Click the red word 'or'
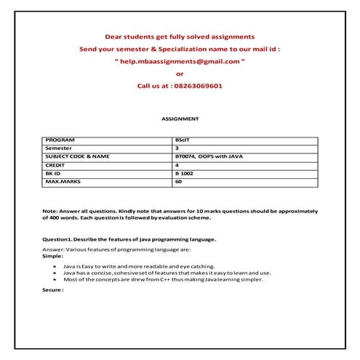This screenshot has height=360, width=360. click(x=180, y=73)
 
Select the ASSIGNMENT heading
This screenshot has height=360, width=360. click(x=180, y=117)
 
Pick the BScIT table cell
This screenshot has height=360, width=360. click(x=183, y=139)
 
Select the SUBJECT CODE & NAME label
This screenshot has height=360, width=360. click(x=77, y=156)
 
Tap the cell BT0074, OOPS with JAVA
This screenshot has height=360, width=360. click(x=204, y=156)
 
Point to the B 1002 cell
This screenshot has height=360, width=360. click(x=185, y=174)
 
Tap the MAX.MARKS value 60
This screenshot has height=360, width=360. click(x=178, y=183)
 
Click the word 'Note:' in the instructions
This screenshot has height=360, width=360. click(x=50, y=211)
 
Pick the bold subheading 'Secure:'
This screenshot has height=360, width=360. click(x=53, y=289)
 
